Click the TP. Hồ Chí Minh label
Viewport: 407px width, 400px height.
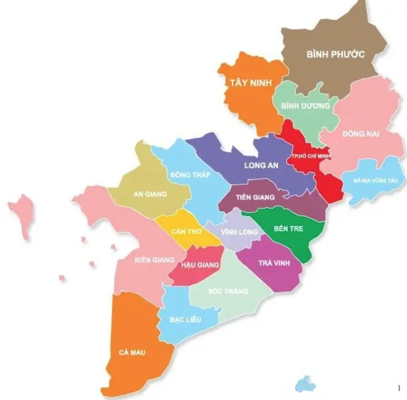[x=311, y=155]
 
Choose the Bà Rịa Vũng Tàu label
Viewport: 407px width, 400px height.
[x=376, y=181]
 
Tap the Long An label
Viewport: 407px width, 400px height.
[x=261, y=166]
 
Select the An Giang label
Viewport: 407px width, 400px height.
[x=146, y=194]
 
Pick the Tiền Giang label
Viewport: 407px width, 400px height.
[x=255, y=197]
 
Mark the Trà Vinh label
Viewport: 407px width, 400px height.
[x=274, y=263]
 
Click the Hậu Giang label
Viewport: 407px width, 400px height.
[x=200, y=265]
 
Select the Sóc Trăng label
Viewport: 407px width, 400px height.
[x=228, y=291]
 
